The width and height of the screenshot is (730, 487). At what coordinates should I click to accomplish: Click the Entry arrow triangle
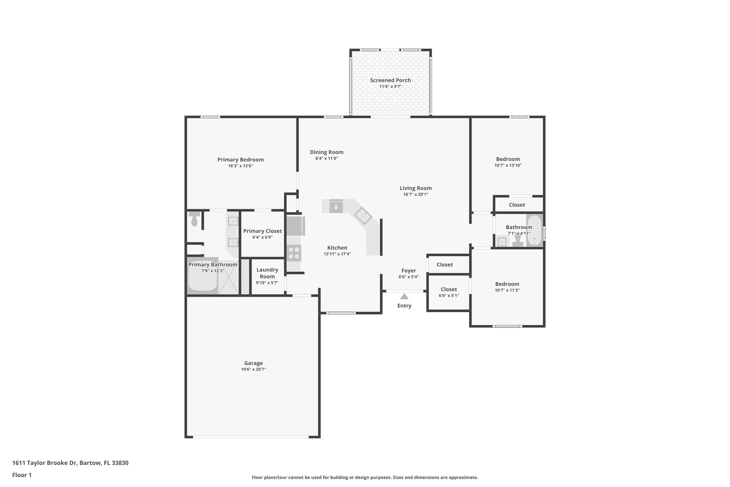coord(404,296)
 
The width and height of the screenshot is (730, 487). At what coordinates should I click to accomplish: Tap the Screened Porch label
coord(390,80)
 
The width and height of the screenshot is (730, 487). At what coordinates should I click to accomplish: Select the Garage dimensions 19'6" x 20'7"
coord(253,370)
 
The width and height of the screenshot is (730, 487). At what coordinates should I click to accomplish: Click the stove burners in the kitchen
coord(294,253)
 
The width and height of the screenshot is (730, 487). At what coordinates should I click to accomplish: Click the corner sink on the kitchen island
coord(363,215)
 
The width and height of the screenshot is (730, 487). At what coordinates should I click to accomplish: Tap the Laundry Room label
coord(267,273)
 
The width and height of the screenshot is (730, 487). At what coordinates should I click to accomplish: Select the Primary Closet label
coord(262,231)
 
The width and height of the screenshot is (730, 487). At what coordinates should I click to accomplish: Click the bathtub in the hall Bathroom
coord(534,230)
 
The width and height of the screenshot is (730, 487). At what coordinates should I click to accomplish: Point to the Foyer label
coord(408,270)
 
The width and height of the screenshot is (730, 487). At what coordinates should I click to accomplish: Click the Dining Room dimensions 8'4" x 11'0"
coord(327,158)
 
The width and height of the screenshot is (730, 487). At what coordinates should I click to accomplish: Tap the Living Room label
coord(415,188)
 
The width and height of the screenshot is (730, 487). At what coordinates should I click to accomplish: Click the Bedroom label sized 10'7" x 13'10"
coord(508,159)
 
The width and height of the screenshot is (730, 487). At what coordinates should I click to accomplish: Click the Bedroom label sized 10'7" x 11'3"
coord(507,284)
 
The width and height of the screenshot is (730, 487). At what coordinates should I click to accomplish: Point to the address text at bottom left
coord(70,463)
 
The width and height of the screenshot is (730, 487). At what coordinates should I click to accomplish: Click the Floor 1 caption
coord(22,475)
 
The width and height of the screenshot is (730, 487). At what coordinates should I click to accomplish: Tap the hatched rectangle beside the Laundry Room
coord(245,277)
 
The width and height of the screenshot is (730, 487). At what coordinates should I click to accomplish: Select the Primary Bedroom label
coord(240,159)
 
